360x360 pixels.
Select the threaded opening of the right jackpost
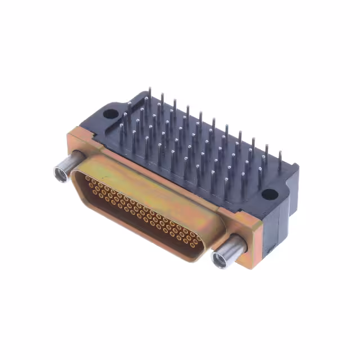[218, 259]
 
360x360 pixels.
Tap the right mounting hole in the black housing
[269, 195]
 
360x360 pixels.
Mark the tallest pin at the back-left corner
[150, 96]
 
